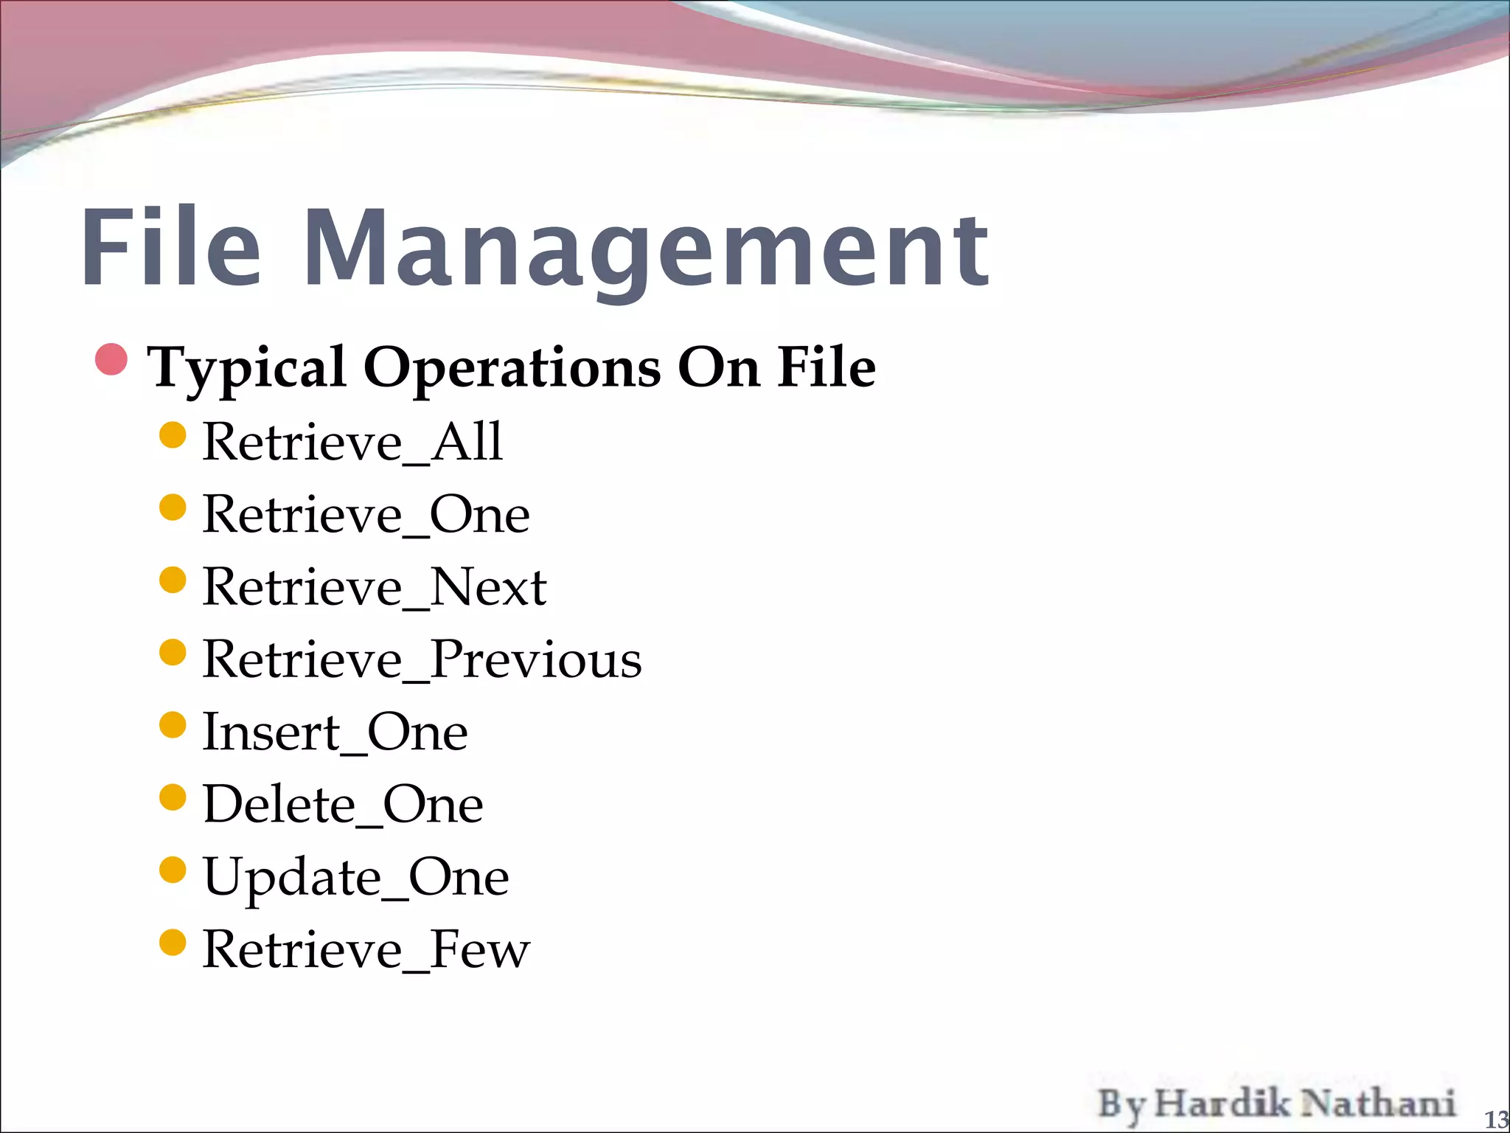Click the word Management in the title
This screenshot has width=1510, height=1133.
click(646, 251)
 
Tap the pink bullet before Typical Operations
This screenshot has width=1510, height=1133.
click(112, 359)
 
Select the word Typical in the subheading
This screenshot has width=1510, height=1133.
click(246, 368)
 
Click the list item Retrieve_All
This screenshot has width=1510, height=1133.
click(352, 442)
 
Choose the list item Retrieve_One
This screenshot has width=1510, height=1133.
click(366, 514)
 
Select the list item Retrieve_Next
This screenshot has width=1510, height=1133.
click(374, 587)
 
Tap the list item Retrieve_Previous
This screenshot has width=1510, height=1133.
click(422, 659)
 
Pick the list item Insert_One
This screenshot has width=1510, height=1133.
click(335, 732)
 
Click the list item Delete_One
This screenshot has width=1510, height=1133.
click(343, 804)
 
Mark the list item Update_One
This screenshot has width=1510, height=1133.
click(355, 877)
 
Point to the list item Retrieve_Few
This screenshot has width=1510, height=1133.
click(366, 949)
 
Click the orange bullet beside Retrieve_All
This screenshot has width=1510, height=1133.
click(173, 435)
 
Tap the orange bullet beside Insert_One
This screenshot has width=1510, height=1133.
click(173, 725)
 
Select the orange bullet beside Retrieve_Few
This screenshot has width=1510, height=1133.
click(173, 943)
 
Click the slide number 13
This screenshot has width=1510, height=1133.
click(1496, 1120)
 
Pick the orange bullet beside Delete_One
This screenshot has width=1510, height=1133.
click(173, 797)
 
